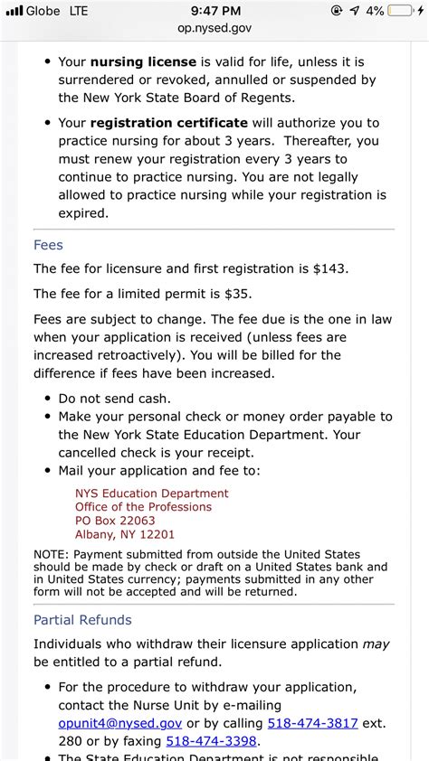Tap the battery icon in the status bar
tap(405, 12)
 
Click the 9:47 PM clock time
tap(214, 12)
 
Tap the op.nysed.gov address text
tap(214, 28)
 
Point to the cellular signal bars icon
tap(14, 12)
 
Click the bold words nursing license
tap(142, 62)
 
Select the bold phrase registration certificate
tap(168, 123)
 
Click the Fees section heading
tap(48, 245)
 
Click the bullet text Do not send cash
tap(114, 398)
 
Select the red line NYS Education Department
tap(152, 493)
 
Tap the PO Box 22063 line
tap(115, 521)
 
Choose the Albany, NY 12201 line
tap(125, 534)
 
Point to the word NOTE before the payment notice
tap(51, 553)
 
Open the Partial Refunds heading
tap(82, 620)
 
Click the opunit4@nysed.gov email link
tap(120, 724)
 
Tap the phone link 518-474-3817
tap(312, 724)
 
